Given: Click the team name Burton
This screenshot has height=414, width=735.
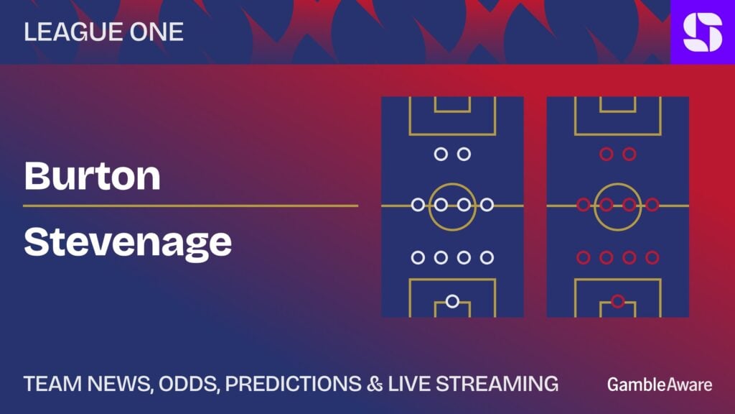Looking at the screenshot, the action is (x=93, y=176).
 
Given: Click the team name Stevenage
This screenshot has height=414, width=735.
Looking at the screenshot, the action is (x=128, y=243).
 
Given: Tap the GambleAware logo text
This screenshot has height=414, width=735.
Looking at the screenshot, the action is (x=660, y=385).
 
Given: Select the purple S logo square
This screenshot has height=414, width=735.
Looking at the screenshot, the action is (x=703, y=32).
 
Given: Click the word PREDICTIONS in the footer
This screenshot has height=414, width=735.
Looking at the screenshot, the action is (x=294, y=384).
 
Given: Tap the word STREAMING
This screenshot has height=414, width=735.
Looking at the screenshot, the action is (x=497, y=384).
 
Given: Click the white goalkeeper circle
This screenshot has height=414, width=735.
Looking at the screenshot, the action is (x=452, y=301).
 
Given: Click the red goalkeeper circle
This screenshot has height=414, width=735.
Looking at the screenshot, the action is (x=618, y=301).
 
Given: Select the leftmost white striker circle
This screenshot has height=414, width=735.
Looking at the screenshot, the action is (x=441, y=154).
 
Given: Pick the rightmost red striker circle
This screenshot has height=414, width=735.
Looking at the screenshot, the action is (x=629, y=154).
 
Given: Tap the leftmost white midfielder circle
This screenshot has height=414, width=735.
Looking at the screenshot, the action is (x=418, y=205).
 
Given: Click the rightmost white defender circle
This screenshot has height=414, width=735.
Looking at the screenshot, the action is (x=487, y=257).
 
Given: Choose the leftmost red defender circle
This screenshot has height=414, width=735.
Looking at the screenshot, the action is (x=583, y=257).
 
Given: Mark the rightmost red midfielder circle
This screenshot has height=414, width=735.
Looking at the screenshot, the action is (x=652, y=205).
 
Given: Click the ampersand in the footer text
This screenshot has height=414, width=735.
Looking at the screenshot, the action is (x=375, y=384).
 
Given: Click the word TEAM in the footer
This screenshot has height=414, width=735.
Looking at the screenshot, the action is (x=52, y=384).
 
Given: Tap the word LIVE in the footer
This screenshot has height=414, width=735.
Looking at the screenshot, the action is (x=409, y=384).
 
